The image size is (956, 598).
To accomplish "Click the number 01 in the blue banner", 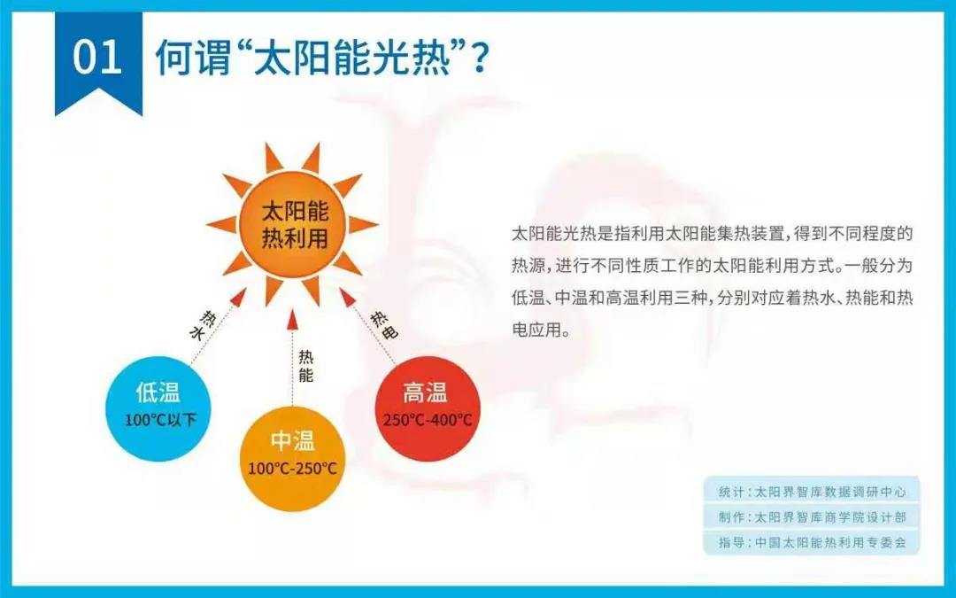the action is tap(97, 58).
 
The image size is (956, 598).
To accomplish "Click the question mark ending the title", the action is tap(480, 58).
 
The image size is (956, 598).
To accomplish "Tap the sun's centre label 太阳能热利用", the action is tap(295, 224).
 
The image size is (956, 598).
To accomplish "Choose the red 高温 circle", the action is tap(428, 408).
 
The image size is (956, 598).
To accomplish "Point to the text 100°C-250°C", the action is tap(292, 469).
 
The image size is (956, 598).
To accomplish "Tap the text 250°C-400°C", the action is tap(428, 420).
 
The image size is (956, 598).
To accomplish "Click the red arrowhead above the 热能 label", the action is tap(292, 318).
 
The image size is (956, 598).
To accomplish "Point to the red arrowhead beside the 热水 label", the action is tap(238, 298).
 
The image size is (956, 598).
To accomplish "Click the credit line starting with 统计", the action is tap(812, 492).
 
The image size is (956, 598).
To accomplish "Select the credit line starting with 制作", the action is tap(812, 517).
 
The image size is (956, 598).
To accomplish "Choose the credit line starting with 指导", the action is tap(812, 542).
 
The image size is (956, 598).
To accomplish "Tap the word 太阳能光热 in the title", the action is tap(351, 58).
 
